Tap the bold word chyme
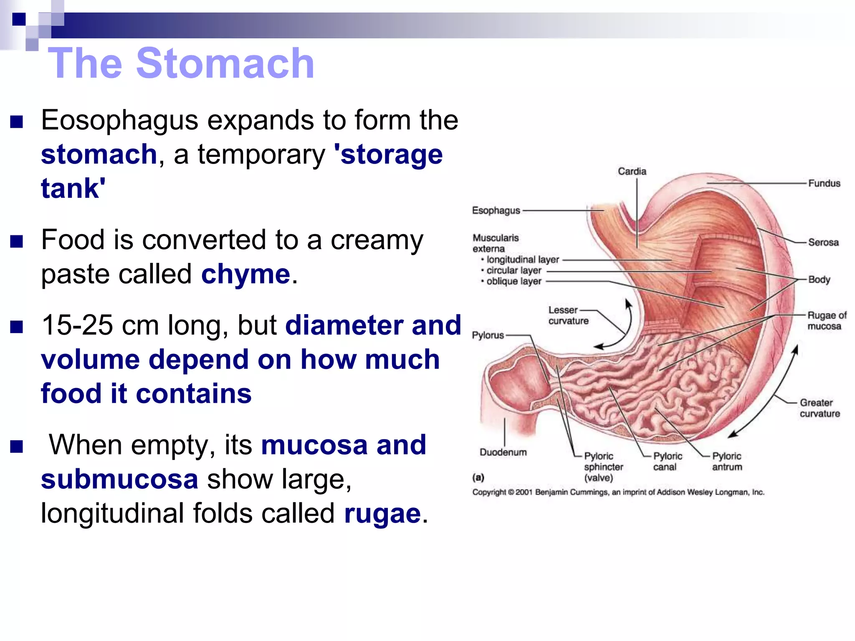point(245,274)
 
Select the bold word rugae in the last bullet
point(382,513)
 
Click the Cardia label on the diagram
point(632,172)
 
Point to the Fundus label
point(824,183)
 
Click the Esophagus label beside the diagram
point(496,210)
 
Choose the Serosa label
point(823,242)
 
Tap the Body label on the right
point(819,279)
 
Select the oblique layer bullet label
point(514,281)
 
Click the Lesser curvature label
point(568,315)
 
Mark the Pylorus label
point(488,335)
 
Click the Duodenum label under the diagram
point(503,452)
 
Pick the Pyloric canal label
point(667,462)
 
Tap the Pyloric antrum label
point(727,462)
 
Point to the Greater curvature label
point(820,408)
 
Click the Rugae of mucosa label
point(826,320)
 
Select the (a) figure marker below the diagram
point(478,477)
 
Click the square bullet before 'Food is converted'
point(16,242)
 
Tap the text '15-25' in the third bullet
point(77,325)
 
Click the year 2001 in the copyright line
point(524,492)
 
